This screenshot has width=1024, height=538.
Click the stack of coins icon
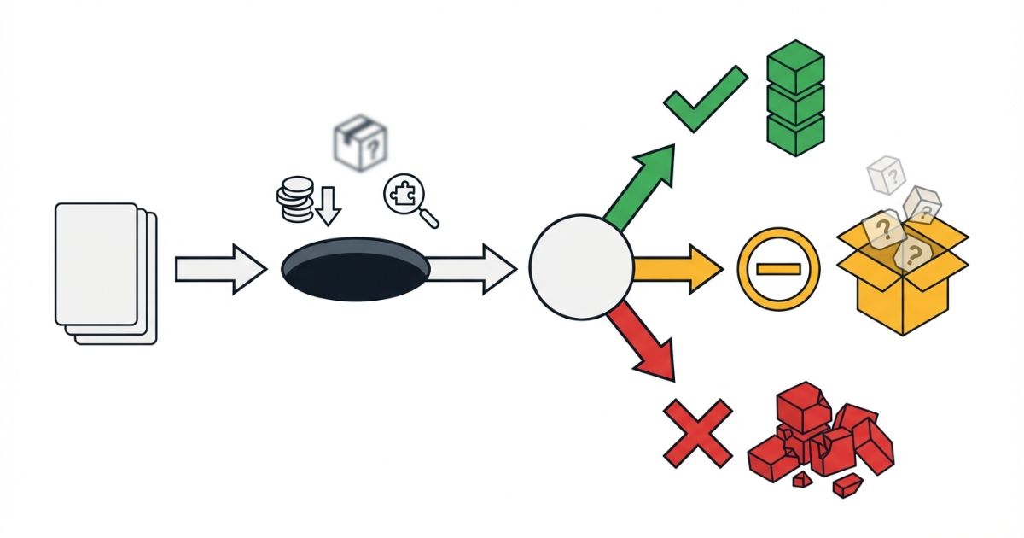point(294,199)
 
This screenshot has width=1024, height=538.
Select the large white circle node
point(580,267)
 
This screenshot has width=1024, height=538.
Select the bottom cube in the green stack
point(795,134)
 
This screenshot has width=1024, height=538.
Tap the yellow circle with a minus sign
point(777,269)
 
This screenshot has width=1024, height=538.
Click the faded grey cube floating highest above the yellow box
point(887,174)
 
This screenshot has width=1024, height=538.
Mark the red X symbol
point(698,432)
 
